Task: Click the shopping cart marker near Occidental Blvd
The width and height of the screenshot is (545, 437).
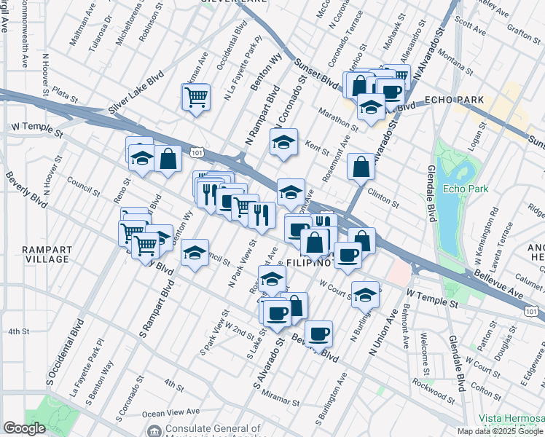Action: pos(196,97)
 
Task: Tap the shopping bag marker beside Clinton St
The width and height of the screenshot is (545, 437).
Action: pos(361,167)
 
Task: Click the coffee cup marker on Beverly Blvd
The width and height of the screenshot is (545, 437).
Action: pos(318,334)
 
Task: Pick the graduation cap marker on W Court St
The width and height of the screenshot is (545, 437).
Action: pos(365,294)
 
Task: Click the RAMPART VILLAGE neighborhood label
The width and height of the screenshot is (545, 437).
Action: pos(45,254)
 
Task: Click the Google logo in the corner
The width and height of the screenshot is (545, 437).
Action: pos(24,428)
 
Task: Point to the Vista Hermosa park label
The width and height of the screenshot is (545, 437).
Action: pos(511,418)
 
